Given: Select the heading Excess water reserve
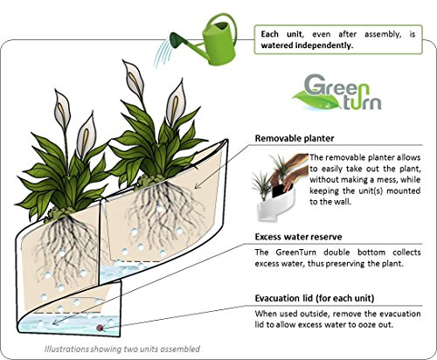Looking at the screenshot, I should click(300, 236).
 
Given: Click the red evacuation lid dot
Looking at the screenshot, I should click(101, 328).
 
